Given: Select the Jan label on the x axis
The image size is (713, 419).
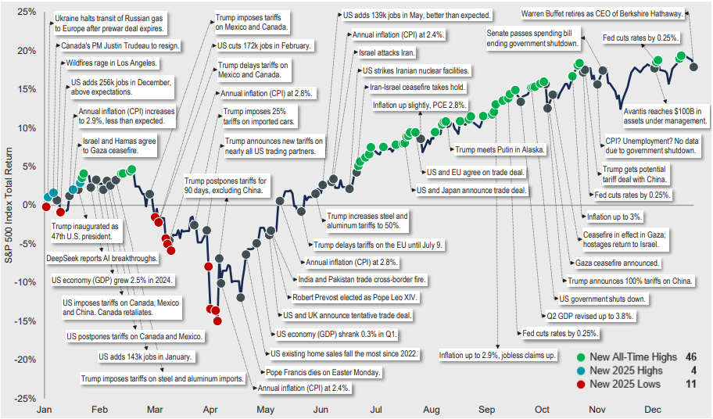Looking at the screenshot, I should pos(45,409).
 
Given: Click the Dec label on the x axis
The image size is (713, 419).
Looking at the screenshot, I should pos(652,409).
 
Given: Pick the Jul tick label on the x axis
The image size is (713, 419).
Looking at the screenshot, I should pos(375,409).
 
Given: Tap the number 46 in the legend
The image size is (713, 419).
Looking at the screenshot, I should pos(691,356).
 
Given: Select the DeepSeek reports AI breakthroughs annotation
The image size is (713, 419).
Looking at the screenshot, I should pos(102,258).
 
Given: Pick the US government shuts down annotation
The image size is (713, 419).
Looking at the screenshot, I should pos(603,299).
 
